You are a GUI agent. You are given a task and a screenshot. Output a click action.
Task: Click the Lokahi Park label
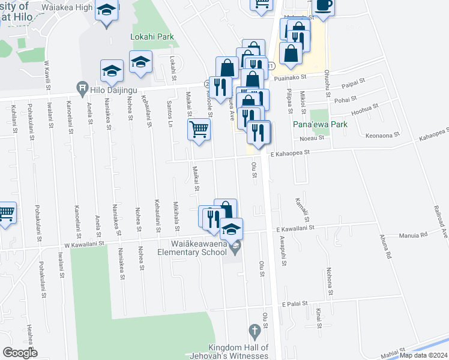tap(152, 37)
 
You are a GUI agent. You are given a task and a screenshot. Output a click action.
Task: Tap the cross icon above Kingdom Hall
tap(254, 331)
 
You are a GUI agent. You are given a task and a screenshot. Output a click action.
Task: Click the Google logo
tap(20, 353)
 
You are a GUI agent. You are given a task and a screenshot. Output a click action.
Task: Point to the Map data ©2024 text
tap(423, 355)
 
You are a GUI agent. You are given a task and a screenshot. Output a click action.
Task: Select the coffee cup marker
tap(322, 7)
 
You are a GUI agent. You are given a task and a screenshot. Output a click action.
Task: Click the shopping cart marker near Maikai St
tap(199, 129)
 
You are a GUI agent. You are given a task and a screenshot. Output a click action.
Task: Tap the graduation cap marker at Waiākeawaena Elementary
tap(231, 229)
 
